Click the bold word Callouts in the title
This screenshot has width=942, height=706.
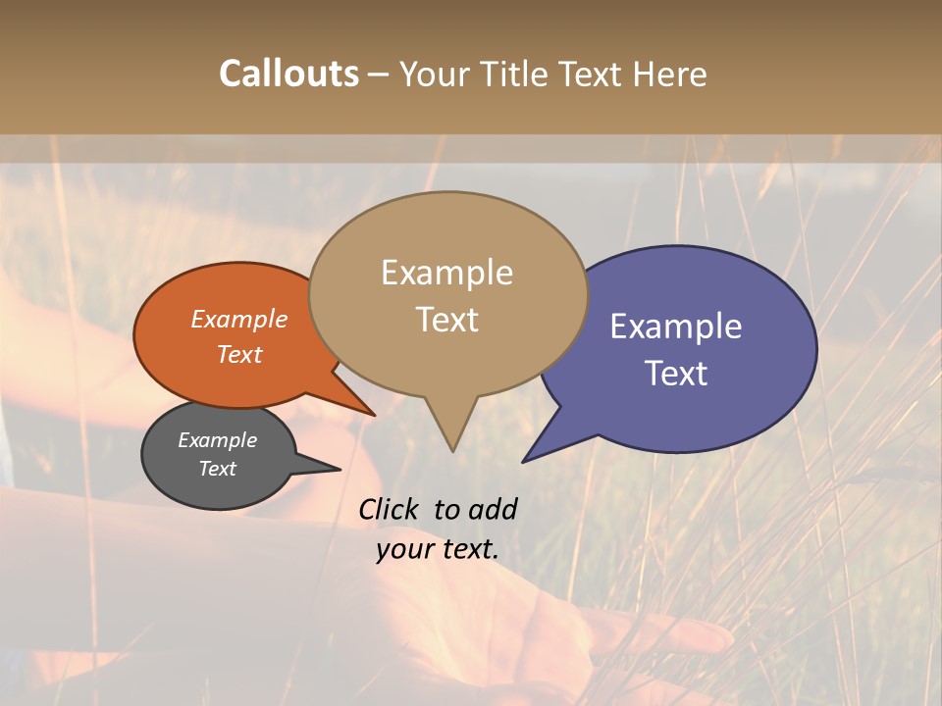(288, 74)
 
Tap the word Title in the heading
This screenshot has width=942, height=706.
(519, 74)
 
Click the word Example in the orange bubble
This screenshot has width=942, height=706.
(239, 319)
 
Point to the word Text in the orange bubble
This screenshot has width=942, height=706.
(239, 354)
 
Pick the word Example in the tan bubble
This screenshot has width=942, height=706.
(446, 273)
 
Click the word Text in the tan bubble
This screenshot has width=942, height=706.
(446, 320)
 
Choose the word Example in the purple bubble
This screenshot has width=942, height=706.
(676, 327)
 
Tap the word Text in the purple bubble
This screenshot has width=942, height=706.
(676, 374)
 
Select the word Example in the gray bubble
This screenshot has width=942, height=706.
(217, 440)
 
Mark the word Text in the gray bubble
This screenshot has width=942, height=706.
(217, 469)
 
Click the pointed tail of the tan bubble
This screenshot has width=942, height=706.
(452, 443)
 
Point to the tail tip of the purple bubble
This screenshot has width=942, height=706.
(527, 459)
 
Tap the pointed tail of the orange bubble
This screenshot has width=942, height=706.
(369, 411)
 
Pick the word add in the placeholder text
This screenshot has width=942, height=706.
(493, 509)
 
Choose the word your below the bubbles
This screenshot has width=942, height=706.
(403, 549)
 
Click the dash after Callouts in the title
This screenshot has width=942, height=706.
(379, 75)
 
